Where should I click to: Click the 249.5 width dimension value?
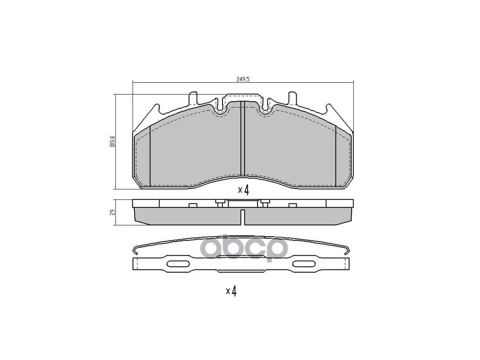(243, 79)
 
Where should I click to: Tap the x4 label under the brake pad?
(243, 190)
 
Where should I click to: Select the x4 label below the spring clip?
(231, 291)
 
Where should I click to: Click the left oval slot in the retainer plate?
(178, 264)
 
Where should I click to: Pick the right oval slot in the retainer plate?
(305, 264)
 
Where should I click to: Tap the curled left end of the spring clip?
(136, 250)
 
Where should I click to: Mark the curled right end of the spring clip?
(347, 250)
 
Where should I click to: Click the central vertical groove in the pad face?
(242, 139)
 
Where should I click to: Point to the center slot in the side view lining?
(243, 217)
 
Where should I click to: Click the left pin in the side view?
(220, 203)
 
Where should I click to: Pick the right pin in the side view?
(265, 203)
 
